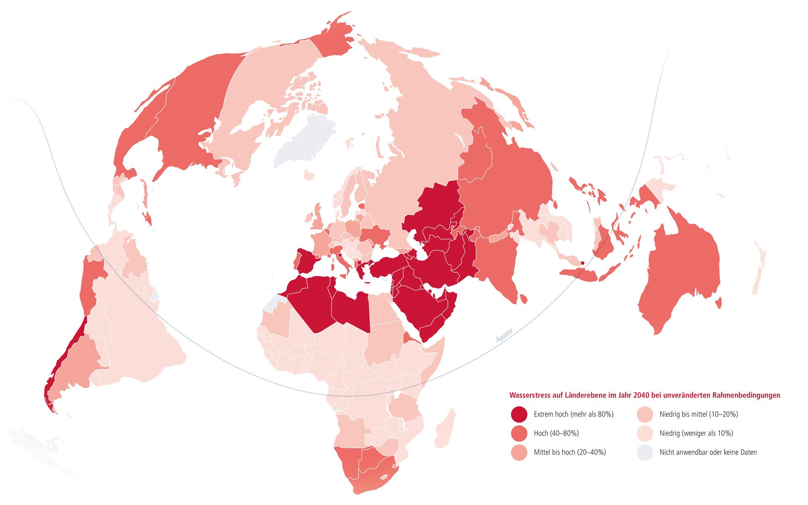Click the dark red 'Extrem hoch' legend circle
coord(519,415)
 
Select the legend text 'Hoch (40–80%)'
coord(556,433)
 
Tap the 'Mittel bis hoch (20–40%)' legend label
coord(569,452)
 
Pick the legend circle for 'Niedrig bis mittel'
coord(645,415)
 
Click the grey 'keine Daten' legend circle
coord(645,452)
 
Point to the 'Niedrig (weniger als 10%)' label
coord(696,433)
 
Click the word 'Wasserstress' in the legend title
coord(530,395)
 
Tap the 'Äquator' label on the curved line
coord(504,335)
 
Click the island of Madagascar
coord(445,429)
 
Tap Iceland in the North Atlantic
coord(309,175)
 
